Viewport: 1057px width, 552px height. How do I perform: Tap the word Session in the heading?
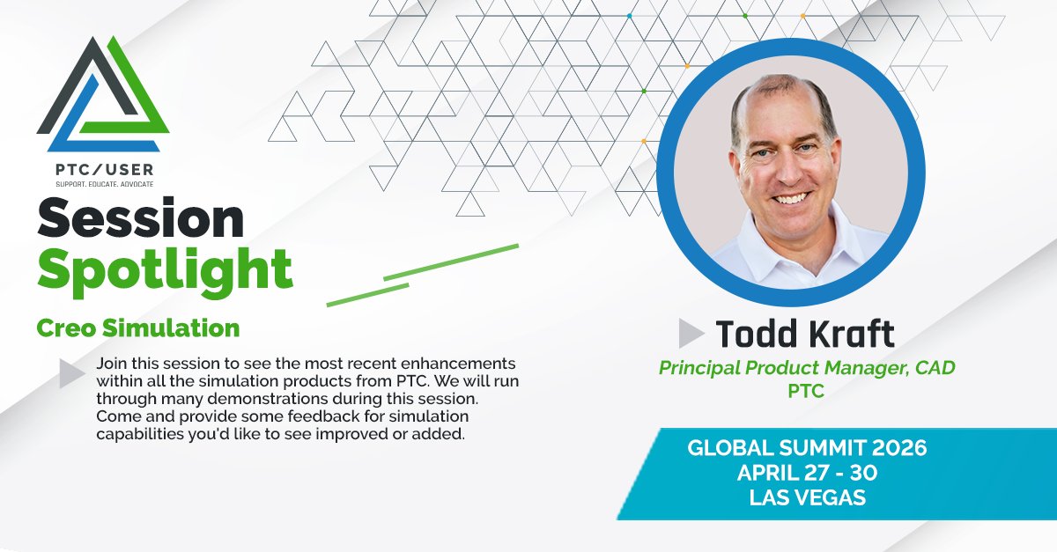141,218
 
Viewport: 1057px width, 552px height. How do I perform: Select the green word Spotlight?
166,271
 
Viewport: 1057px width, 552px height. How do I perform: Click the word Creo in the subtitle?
67,328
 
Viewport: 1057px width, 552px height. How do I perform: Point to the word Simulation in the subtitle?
171,328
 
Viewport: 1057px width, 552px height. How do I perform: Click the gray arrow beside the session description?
71,373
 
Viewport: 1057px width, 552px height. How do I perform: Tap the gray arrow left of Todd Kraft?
691,333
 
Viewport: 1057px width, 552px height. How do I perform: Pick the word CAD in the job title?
935,367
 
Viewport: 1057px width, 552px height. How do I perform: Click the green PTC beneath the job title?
806,391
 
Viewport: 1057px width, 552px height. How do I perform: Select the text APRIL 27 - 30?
807,473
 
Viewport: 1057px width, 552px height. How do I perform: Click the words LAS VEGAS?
808,497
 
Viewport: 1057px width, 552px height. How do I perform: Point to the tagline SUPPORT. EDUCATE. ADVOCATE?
104,184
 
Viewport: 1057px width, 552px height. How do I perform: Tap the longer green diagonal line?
451,262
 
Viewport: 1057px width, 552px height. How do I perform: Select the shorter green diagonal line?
367,295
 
